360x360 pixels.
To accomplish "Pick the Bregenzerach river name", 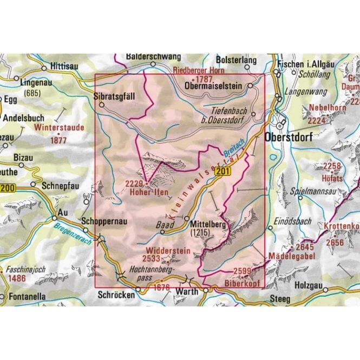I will click(73, 234).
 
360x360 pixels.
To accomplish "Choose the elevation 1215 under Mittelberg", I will click(204, 233).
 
